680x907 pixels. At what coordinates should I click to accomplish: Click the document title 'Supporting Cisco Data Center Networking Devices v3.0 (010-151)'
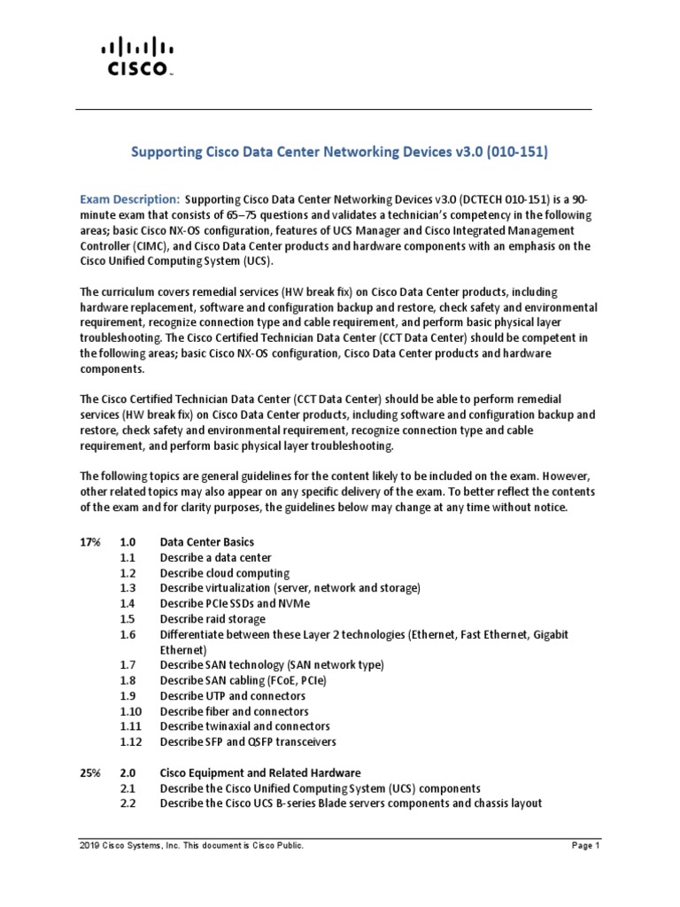(x=340, y=152)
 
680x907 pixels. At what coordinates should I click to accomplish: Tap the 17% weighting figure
(x=89, y=541)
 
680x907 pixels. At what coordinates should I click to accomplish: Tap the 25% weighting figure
(x=89, y=772)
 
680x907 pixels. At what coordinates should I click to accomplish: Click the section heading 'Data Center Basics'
(x=206, y=541)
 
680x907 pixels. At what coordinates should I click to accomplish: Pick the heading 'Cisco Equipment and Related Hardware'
(x=259, y=772)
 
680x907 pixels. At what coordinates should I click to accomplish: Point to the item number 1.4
(x=127, y=602)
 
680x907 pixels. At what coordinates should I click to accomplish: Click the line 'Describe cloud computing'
(x=224, y=573)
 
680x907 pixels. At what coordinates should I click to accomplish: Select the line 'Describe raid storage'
(x=212, y=618)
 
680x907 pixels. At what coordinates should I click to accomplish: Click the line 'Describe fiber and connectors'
(x=234, y=710)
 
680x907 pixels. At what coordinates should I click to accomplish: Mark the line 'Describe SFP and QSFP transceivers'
(x=248, y=740)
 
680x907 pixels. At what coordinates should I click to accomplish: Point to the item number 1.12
(x=130, y=740)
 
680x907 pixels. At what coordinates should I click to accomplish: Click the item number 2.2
(x=127, y=803)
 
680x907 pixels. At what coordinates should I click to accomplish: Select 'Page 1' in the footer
(x=585, y=872)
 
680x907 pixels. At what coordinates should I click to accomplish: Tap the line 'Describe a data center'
(x=216, y=557)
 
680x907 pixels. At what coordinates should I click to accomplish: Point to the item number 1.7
(x=127, y=664)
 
